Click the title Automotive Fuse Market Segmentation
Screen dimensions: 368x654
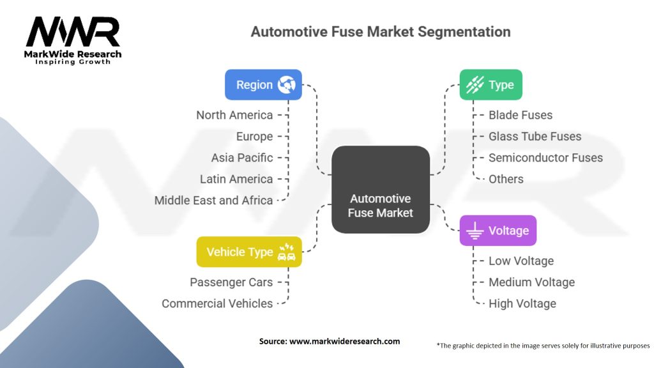tap(380, 32)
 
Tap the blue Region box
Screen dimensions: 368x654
tap(263, 85)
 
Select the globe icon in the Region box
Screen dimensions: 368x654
tap(286, 85)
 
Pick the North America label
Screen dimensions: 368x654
tap(234, 115)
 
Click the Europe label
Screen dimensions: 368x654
tap(254, 136)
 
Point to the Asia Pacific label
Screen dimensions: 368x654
tap(242, 158)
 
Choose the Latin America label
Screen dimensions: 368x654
tap(236, 179)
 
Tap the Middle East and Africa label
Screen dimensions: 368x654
tap(213, 200)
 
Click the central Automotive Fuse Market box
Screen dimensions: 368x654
tap(381, 189)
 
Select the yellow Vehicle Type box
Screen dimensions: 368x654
tap(249, 252)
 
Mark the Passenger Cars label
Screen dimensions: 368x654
tap(231, 282)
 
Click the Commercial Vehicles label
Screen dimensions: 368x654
tap(217, 303)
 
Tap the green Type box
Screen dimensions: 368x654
tap(490, 85)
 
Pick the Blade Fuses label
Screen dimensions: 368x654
tap(521, 115)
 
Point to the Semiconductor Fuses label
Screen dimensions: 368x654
tap(545, 158)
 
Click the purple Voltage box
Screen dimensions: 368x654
tap(498, 231)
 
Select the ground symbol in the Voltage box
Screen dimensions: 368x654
tap(474, 231)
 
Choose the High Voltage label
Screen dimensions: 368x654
tap(522, 303)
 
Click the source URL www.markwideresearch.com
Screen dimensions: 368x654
tap(344, 341)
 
